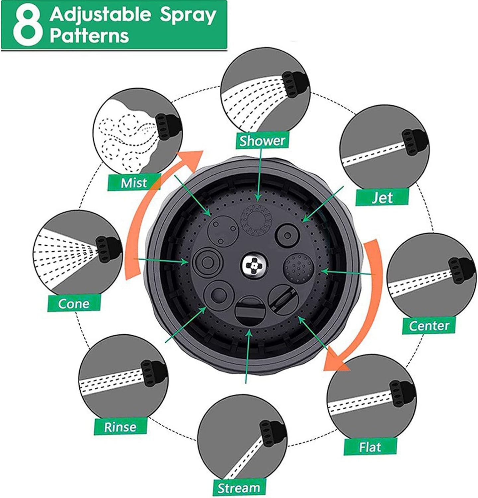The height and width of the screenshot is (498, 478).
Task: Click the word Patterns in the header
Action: coord(89,36)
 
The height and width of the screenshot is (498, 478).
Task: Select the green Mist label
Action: coord(134,182)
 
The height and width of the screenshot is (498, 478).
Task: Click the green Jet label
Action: coord(382,198)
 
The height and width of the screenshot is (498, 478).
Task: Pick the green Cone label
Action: coord(74,303)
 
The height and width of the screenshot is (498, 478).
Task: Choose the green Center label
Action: coord(429,325)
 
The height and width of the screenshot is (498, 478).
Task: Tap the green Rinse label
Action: coord(120,426)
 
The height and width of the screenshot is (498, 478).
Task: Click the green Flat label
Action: coord(370,447)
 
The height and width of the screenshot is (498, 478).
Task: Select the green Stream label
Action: coord(239,487)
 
